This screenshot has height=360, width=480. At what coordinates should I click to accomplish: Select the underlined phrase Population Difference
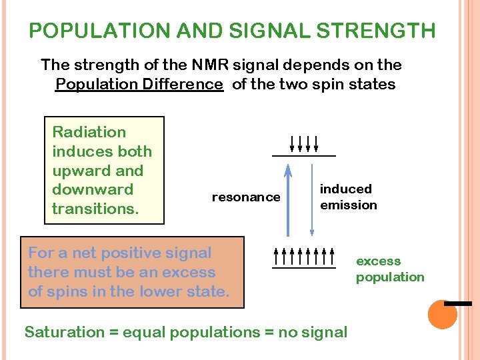point(139,84)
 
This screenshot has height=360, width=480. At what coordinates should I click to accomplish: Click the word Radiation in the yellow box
point(89,132)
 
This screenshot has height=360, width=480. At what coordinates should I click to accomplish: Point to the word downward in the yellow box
point(93,189)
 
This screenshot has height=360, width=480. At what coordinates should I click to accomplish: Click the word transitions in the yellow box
point(95,209)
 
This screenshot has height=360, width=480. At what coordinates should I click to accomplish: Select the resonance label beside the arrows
point(246,197)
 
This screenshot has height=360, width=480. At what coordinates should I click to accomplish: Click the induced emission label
point(348,197)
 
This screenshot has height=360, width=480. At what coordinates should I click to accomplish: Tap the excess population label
point(390,269)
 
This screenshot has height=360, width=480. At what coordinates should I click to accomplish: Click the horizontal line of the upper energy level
point(303,156)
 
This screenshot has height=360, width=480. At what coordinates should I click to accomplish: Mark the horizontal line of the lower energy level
point(303,268)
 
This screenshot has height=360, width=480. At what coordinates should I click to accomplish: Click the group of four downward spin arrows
point(304,143)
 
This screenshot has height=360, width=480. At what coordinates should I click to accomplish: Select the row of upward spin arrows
point(304,255)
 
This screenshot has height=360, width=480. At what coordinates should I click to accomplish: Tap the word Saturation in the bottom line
point(65,332)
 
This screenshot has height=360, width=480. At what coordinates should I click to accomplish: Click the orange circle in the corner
point(442,315)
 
